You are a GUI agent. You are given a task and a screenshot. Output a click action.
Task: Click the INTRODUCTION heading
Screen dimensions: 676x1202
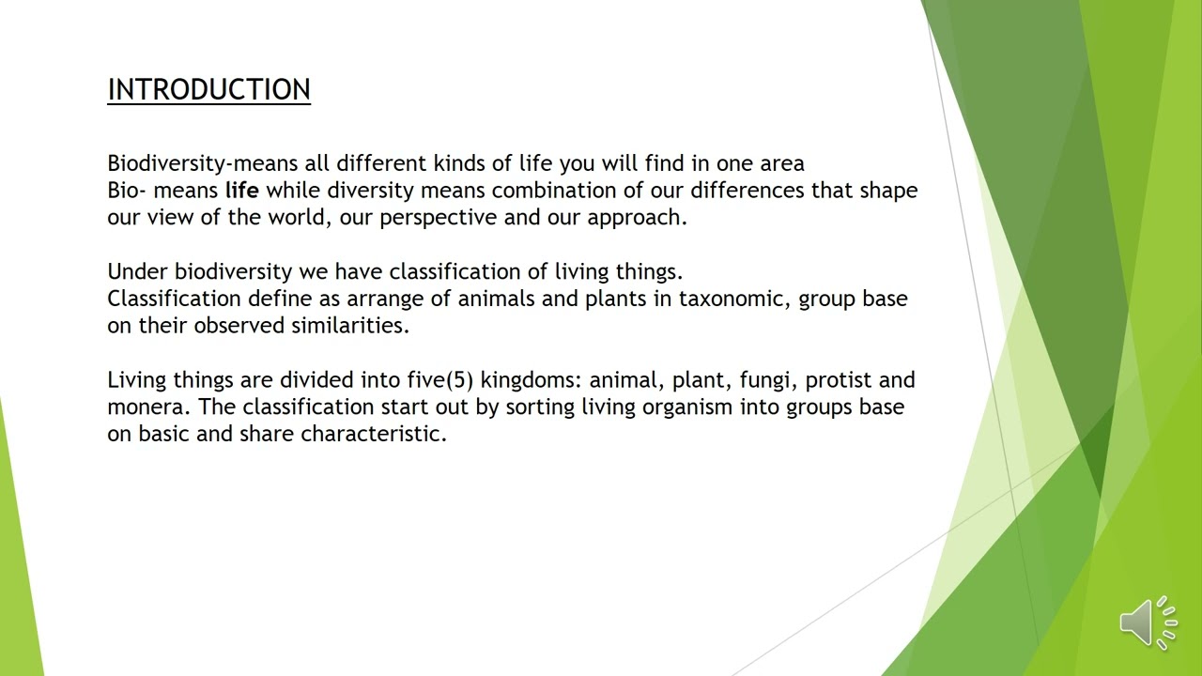pos(208,90)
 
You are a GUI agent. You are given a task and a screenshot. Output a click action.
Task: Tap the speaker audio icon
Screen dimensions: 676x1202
pos(1148,622)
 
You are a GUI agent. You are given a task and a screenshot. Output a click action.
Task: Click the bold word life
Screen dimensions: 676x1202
pos(241,191)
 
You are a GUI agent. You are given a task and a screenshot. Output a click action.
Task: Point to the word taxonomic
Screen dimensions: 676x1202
pos(733,300)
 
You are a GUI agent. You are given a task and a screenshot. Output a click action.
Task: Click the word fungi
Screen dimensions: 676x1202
pos(763,381)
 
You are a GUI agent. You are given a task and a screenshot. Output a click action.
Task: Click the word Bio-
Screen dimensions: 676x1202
pos(127,191)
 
